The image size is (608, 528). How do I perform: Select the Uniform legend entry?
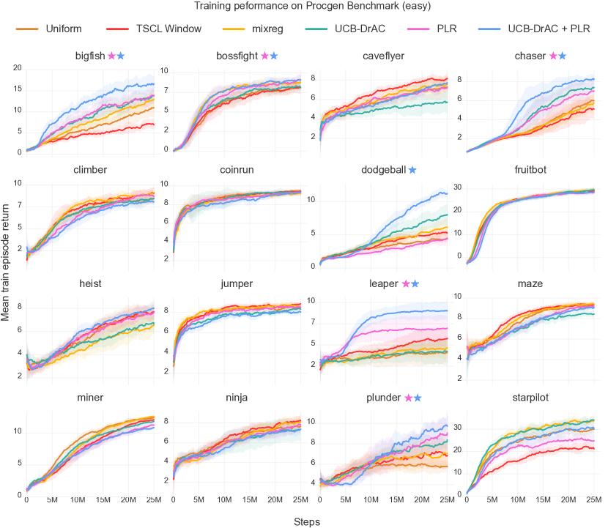click(62, 30)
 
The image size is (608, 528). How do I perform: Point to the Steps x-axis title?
click(307, 521)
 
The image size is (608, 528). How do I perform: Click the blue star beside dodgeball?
click(412, 170)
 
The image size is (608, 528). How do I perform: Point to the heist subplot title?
click(90, 283)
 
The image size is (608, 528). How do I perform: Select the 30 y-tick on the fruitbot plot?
click(459, 187)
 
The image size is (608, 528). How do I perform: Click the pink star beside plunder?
click(407, 398)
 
